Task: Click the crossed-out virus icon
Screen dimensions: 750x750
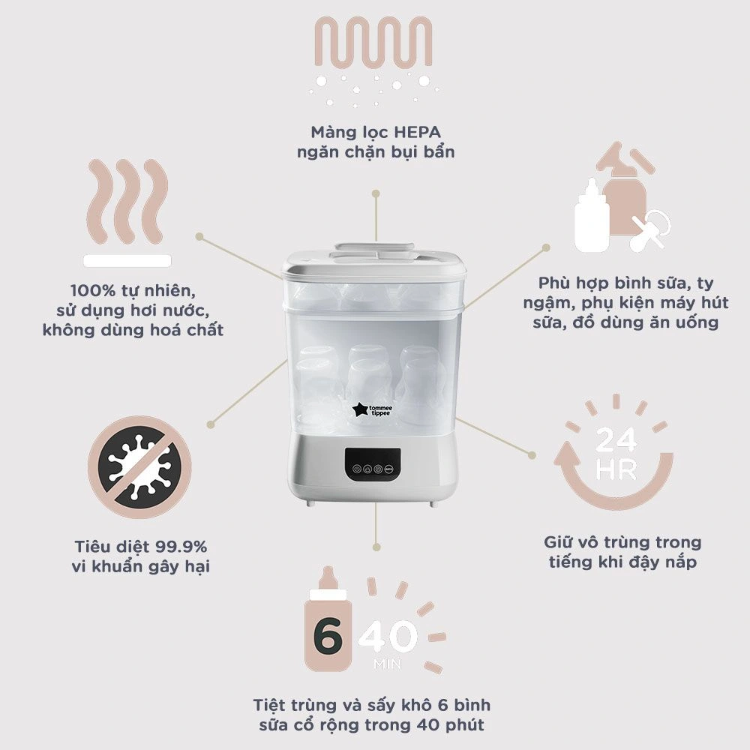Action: (x=139, y=466)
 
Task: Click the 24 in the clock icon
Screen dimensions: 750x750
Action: (x=616, y=440)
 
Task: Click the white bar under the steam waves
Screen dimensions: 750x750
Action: (x=127, y=260)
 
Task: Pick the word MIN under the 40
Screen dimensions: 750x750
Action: (x=388, y=664)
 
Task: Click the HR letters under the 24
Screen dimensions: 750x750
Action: (x=616, y=469)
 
